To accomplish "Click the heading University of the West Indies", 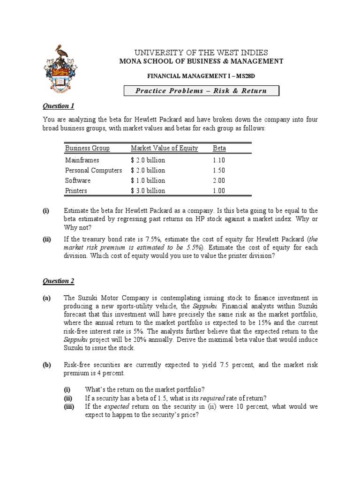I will [x=202, y=52].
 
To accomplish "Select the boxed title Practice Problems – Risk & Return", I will [x=201, y=91].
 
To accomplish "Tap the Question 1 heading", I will [x=59, y=106].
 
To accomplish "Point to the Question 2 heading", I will [x=59, y=281].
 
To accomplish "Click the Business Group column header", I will [x=87, y=148].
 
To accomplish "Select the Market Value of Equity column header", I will [x=164, y=148].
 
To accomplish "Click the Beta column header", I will [x=219, y=148].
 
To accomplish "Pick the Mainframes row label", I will [x=82, y=160].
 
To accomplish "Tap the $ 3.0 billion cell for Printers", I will [x=148, y=191].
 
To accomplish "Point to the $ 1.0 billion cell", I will [x=148, y=180].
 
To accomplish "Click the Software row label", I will [x=78, y=180].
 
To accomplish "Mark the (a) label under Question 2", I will [x=47, y=298].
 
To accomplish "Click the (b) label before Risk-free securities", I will [x=47, y=365].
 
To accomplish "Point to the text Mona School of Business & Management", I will [x=201, y=61].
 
